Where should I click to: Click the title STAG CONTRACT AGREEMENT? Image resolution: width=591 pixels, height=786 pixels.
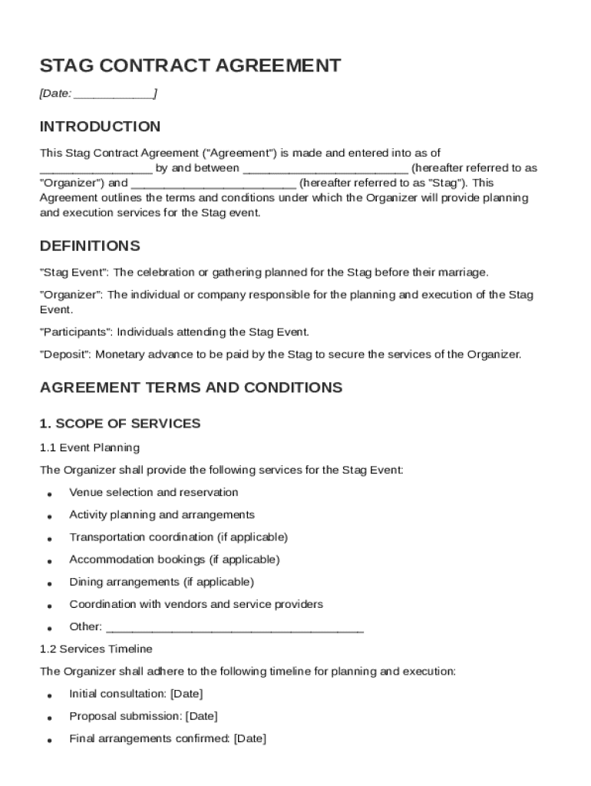pyautogui.click(x=190, y=66)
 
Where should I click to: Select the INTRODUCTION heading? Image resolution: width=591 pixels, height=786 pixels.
pyautogui.click(x=100, y=127)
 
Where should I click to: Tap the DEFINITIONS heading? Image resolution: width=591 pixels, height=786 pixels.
pyautogui.click(x=90, y=246)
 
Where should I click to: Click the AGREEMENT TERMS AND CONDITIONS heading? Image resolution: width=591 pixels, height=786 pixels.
pyautogui.click(x=190, y=388)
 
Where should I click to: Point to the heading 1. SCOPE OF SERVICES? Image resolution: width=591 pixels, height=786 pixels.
pyautogui.click(x=120, y=424)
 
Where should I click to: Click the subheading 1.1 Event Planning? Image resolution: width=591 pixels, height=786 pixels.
pyautogui.click(x=89, y=447)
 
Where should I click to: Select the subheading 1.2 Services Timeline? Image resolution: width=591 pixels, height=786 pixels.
pyautogui.click(x=96, y=649)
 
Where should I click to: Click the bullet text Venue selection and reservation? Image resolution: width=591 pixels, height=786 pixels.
pyautogui.click(x=154, y=493)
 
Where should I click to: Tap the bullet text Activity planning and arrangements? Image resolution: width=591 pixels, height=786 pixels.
pyautogui.click(x=161, y=515)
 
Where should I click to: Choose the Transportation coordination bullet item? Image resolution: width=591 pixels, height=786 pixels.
pyautogui.click(x=178, y=537)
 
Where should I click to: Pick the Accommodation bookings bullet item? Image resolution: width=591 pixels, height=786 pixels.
pyautogui.click(x=174, y=560)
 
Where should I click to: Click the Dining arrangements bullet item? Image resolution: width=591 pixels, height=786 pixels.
pyautogui.click(x=161, y=582)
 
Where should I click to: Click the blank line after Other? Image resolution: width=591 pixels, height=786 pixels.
pyautogui.click(x=234, y=628)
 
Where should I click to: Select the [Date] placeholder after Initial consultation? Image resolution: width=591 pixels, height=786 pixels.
pyautogui.click(x=187, y=694)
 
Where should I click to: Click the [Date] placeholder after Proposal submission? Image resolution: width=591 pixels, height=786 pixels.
pyautogui.click(x=201, y=716)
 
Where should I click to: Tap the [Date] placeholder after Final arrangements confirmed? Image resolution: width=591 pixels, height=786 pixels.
pyautogui.click(x=249, y=739)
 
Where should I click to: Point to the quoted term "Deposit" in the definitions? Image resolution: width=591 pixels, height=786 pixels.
pyautogui.click(x=65, y=355)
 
